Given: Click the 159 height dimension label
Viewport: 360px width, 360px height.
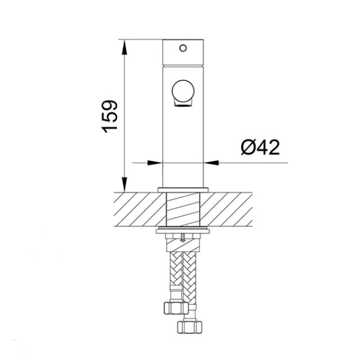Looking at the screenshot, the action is click(110, 116).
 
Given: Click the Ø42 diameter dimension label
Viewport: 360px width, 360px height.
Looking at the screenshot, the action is click(260, 147).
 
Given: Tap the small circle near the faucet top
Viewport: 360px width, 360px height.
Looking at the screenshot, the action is click(183, 48).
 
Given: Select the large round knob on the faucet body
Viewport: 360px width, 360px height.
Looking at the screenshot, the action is click(183, 91).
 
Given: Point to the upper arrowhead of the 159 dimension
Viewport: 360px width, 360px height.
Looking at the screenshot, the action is click(124, 47).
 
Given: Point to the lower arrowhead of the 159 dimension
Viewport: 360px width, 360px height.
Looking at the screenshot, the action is click(124, 184).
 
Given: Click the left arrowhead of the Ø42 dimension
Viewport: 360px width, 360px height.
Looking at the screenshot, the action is click(155, 163).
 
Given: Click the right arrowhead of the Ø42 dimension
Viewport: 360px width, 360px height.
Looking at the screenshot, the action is click(211, 163).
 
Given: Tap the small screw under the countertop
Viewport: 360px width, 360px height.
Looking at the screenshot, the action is click(183, 237).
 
